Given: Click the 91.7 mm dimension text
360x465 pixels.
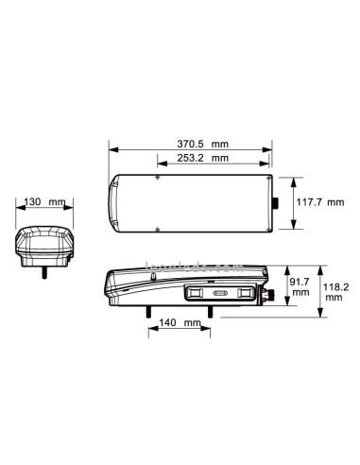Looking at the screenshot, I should pyautogui.click(x=300, y=286).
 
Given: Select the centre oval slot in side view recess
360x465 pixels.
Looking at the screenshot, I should pyautogui.click(x=220, y=295).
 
